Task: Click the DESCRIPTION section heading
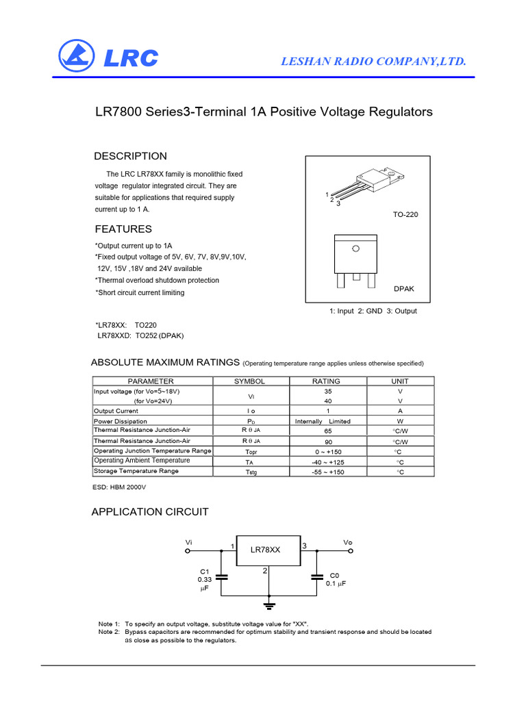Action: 130,156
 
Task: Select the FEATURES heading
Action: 123,229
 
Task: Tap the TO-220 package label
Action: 405,215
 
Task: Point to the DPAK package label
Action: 404,289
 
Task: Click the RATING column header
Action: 326,381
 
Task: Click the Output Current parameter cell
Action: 116,411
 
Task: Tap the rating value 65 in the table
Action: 328,432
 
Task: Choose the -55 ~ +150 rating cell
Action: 328,472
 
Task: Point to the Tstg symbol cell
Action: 251,472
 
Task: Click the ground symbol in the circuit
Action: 270,604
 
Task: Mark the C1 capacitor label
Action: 204,571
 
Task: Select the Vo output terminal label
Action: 348,542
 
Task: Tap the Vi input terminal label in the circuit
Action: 189,542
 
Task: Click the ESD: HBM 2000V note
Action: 119,487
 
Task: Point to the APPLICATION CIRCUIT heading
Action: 150,512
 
